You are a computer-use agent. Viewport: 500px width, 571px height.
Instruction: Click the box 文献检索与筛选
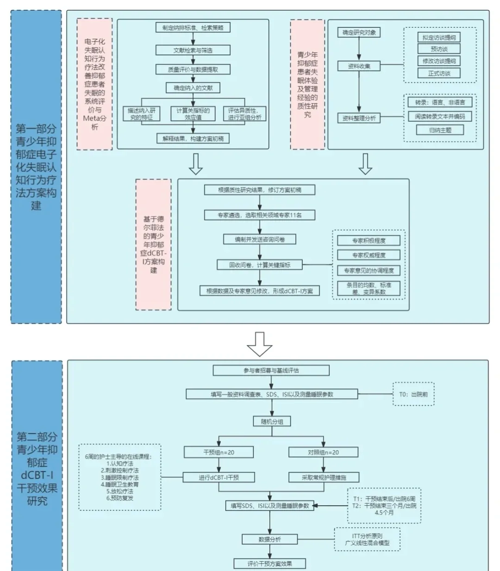tap(193, 50)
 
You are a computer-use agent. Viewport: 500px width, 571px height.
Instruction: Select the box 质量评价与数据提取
tap(193, 69)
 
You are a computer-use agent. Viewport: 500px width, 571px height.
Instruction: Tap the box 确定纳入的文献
tap(193, 88)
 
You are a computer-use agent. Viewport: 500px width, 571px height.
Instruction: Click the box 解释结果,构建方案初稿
tap(193, 138)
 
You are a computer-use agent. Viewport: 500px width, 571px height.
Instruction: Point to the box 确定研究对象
tap(359, 32)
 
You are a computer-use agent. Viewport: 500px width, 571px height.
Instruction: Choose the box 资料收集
tap(359, 66)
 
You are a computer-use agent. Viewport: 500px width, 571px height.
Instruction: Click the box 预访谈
tap(439, 49)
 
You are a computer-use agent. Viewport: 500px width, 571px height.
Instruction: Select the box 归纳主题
tap(439, 130)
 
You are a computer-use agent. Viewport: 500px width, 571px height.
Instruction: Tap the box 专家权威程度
tap(369, 255)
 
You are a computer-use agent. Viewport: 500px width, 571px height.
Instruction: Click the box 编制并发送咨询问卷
tap(259, 239)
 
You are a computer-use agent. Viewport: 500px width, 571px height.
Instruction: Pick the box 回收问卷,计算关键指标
tap(260, 265)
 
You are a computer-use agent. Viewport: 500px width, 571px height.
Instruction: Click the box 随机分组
tap(272, 421)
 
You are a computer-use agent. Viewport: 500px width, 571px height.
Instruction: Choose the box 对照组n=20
tap(323, 452)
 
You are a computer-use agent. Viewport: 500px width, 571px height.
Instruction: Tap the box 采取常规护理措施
tap(324, 477)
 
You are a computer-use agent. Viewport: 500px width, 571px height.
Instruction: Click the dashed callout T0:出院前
tap(413, 395)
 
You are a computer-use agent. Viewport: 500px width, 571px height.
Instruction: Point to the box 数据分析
tap(269, 540)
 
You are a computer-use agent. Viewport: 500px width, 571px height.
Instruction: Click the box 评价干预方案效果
tap(269, 564)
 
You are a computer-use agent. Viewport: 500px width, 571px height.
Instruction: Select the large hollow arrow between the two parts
tap(259, 344)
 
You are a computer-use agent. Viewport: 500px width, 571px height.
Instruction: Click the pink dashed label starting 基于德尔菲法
tap(153, 245)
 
